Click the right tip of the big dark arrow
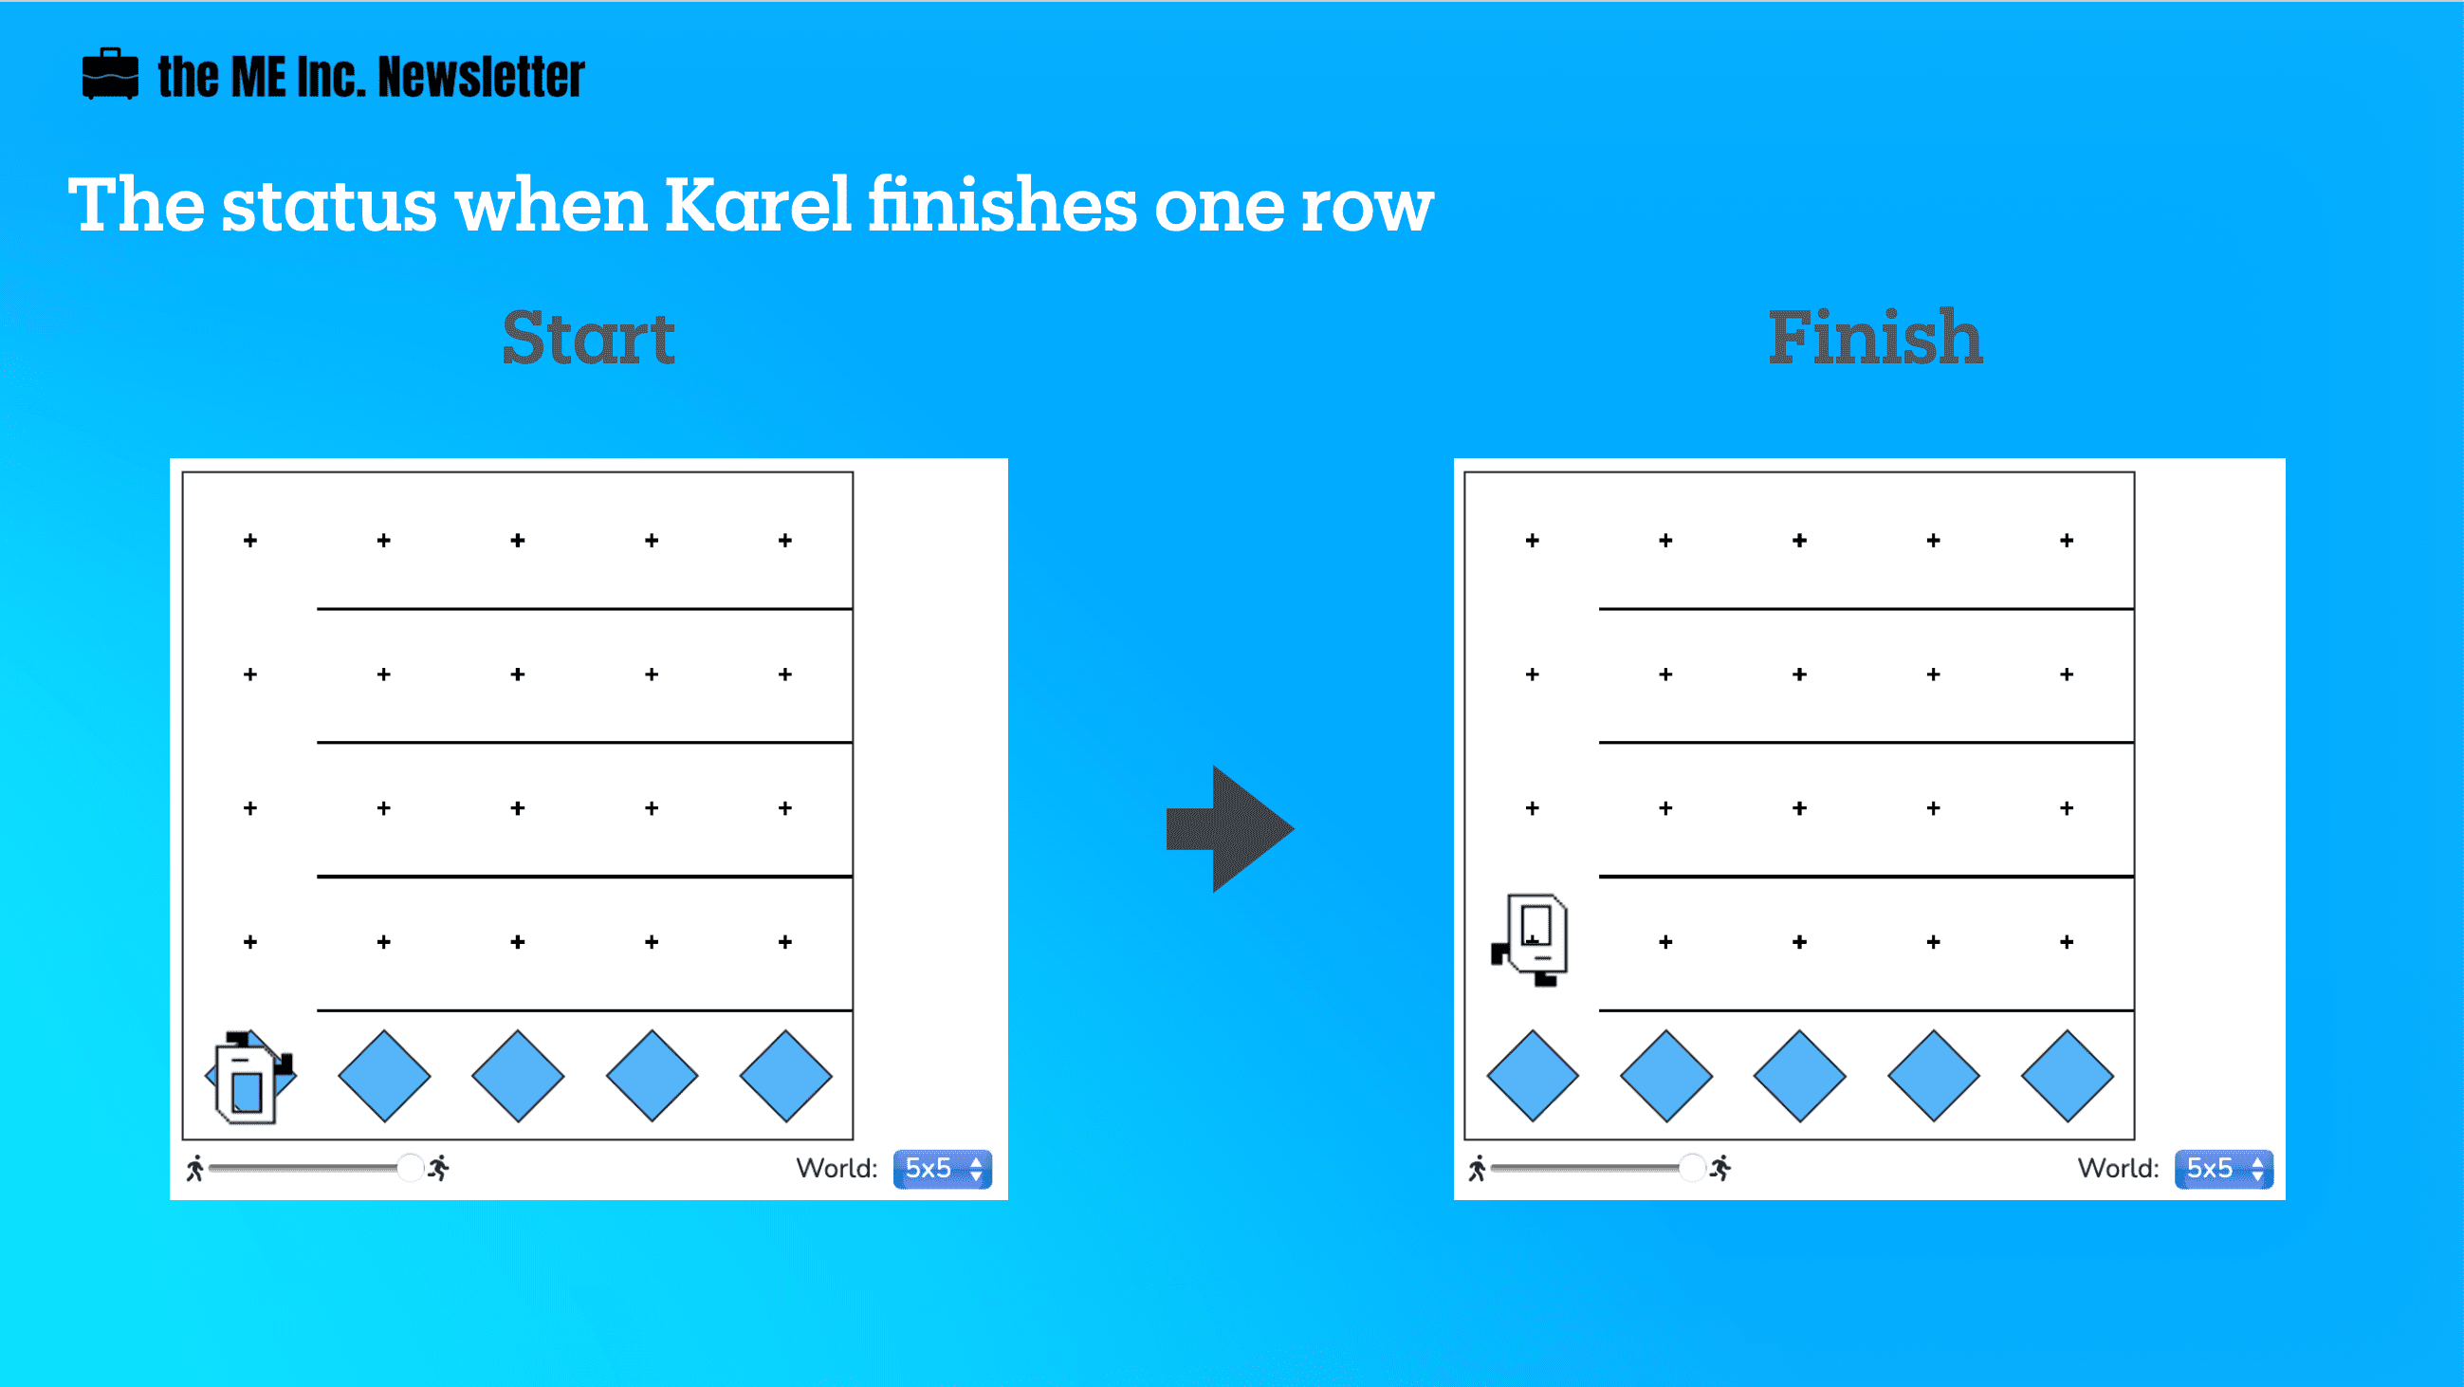click(x=1295, y=828)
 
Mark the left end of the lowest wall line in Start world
click(x=318, y=1010)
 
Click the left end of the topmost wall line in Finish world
click(x=1599, y=608)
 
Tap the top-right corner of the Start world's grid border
click(x=853, y=472)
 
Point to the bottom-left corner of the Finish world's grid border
click(x=1464, y=1139)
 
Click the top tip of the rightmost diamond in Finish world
click(x=2067, y=1030)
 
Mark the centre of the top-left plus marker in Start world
click(x=250, y=541)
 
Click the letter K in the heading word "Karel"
click(x=694, y=205)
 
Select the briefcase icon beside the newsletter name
click(x=110, y=74)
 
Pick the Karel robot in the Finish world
click(x=1531, y=940)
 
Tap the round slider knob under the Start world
click(x=411, y=1168)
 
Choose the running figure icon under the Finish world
click(x=1719, y=1168)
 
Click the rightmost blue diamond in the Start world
click(x=785, y=1076)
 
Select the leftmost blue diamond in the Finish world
click(x=1533, y=1076)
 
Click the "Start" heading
click(x=589, y=338)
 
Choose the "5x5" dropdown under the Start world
click(x=942, y=1169)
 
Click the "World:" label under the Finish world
click(x=2119, y=1168)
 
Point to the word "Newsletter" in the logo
click(x=481, y=77)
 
